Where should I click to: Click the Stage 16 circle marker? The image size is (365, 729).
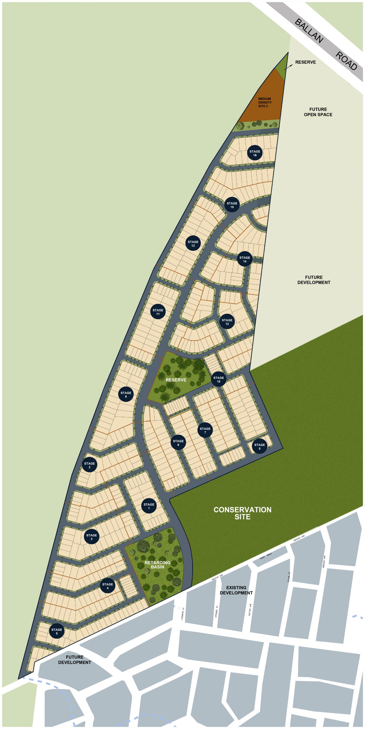[255, 153]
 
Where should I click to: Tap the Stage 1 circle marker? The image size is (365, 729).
[149, 506]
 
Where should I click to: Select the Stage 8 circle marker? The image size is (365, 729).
[259, 447]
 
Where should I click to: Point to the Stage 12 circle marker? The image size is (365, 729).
[193, 243]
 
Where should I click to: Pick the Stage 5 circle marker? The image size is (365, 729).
[57, 631]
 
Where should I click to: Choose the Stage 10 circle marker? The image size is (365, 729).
[219, 380]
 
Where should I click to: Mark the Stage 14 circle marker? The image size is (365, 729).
[244, 259]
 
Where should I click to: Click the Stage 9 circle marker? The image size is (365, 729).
[126, 394]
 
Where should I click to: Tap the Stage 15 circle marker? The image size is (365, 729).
[232, 205]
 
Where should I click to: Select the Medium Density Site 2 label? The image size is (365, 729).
[265, 103]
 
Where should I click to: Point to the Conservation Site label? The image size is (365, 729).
[242, 513]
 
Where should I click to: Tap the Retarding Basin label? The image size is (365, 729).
[158, 565]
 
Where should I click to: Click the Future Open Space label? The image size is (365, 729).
[318, 112]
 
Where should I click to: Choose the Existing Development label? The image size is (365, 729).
[236, 590]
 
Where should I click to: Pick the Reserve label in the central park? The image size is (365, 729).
[176, 380]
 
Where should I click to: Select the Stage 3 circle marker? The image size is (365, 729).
[91, 537]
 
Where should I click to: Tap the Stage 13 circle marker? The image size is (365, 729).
[227, 322]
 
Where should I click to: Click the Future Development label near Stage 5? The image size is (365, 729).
[74, 660]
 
